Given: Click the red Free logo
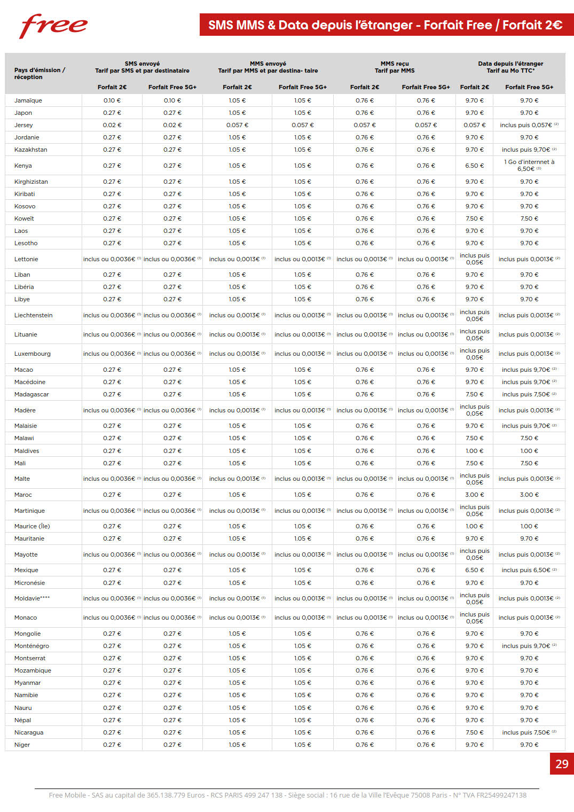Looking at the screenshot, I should click(53, 26).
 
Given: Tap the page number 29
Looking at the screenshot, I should click(562, 764).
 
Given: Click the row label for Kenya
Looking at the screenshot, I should click(23, 166).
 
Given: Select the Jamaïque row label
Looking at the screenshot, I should click(28, 100).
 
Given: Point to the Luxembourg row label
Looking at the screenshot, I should click(33, 354).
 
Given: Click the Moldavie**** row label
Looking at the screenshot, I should click(32, 598).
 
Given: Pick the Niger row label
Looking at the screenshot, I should click(22, 745).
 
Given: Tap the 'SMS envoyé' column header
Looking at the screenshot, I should click(142, 64).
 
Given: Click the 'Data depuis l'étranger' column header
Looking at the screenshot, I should click(510, 64).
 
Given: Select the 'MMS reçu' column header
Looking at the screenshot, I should click(395, 64).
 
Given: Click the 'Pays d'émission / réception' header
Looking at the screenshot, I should click(40, 73).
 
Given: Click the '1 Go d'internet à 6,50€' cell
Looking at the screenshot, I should click(529, 165).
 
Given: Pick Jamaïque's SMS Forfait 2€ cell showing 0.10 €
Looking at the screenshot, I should click(112, 100).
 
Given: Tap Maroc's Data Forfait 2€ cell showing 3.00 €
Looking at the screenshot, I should click(475, 495).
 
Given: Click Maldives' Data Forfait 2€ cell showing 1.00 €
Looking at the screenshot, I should click(475, 451).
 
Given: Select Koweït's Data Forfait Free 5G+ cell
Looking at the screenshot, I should click(529, 218).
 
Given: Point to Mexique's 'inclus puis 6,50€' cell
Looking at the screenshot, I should click(529, 570).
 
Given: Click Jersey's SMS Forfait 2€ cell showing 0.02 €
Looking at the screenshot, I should click(112, 125).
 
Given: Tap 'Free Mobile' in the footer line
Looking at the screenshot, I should click(67, 795).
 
